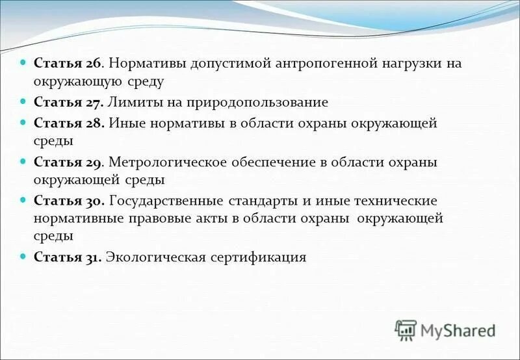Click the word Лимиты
[x=134, y=102]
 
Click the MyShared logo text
[x=458, y=330]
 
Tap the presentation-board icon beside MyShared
[x=405, y=330]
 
